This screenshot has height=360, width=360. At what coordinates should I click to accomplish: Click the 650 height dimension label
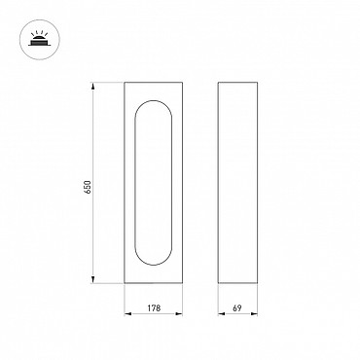click(x=88, y=187)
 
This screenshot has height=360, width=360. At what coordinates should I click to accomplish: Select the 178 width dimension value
click(x=154, y=307)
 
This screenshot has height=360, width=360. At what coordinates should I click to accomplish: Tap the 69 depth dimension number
click(x=237, y=307)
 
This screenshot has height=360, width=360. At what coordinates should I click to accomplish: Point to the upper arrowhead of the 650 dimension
click(x=93, y=86)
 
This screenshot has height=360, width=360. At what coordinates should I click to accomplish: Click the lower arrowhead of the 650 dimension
click(x=93, y=279)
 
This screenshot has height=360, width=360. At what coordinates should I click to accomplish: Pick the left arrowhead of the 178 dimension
click(x=127, y=313)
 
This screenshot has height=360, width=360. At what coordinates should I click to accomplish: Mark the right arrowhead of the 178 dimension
click(x=179, y=313)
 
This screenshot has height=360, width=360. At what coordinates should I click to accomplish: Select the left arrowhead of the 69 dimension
click(x=222, y=313)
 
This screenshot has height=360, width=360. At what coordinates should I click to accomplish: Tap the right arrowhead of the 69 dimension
click(x=254, y=313)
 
